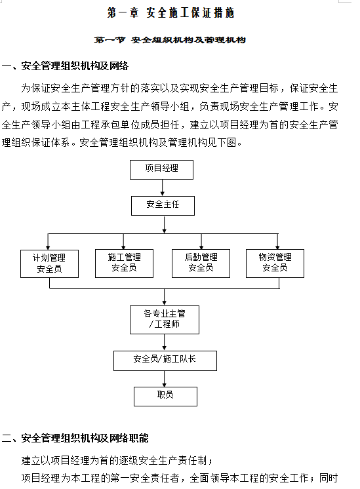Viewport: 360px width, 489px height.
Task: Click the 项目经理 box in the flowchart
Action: click(x=161, y=170)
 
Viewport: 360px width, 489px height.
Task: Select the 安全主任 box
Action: click(x=163, y=206)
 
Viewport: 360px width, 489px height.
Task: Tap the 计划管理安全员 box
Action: click(x=49, y=264)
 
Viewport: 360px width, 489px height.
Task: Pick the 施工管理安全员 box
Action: click(x=124, y=264)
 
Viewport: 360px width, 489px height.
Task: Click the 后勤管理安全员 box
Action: click(x=201, y=264)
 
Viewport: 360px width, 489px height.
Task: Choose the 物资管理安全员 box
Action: click(x=275, y=264)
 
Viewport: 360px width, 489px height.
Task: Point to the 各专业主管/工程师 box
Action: click(x=165, y=320)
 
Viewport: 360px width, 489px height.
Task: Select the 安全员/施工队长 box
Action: click(x=165, y=361)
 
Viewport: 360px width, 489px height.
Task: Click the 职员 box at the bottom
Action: click(x=165, y=397)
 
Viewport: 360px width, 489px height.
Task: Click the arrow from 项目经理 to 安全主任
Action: click(x=162, y=187)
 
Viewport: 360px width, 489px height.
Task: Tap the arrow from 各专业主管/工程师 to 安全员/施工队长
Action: click(x=165, y=342)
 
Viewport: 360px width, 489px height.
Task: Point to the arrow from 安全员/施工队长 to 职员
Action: click(x=165, y=379)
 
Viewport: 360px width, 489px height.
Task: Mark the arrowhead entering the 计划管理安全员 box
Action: click(x=48, y=247)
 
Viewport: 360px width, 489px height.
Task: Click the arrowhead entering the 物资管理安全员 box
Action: click(x=277, y=246)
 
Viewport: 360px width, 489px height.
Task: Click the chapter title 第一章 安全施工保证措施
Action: click(x=170, y=13)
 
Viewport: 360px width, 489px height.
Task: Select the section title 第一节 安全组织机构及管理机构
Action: click(x=170, y=40)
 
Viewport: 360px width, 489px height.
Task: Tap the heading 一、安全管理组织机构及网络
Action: click(x=65, y=66)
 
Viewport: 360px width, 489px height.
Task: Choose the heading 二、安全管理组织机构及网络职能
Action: click(x=75, y=438)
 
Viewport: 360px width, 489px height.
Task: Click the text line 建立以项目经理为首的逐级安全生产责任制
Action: click(x=117, y=460)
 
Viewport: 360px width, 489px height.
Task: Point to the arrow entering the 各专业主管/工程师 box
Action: click(x=165, y=297)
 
